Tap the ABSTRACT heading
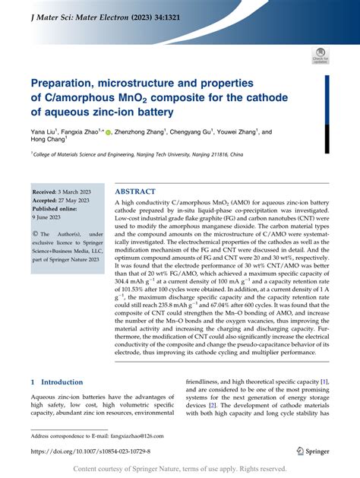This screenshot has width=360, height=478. click(x=140, y=191)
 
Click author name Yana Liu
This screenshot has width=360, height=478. click(x=43, y=131)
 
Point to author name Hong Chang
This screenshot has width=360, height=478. click(x=49, y=141)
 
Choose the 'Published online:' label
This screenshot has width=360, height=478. click(x=62, y=209)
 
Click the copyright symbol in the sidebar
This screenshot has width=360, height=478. click(x=35, y=234)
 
